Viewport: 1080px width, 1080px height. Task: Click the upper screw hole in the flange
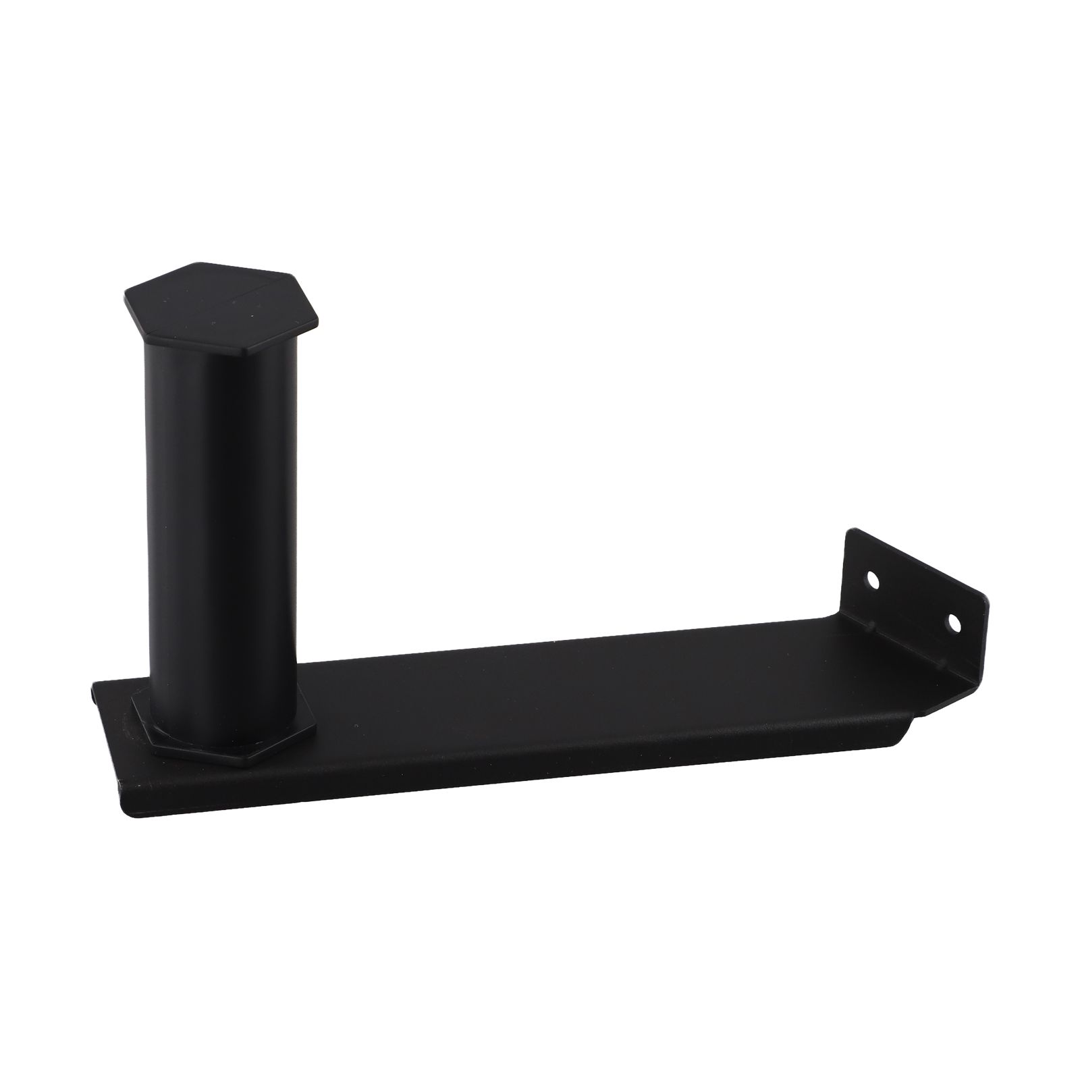(873, 579)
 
